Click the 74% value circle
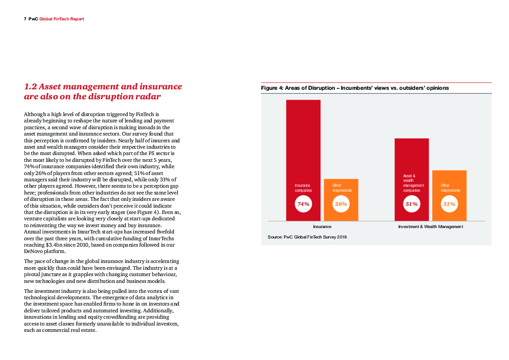(x=303, y=204)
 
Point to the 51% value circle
(x=412, y=204)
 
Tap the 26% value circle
(x=341, y=204)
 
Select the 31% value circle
(x=449, y=204)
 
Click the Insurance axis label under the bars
(x=322, y=226)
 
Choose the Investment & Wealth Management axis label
(x=430, y=226)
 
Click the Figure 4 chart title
(x=354, y=88)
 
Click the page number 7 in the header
(x=25, y=19)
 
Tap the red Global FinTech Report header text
(x=62, y=19)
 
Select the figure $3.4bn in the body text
(x=56, y=245)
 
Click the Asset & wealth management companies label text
(x=413, y=183)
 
